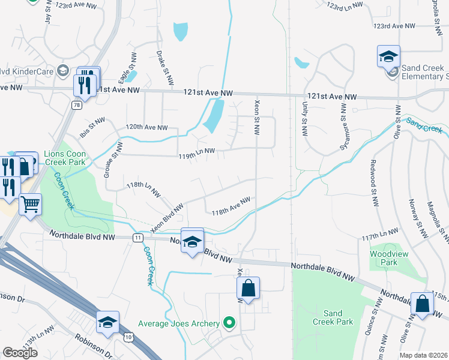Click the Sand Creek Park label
[x=337, y=317]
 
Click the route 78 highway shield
[x=76, y=105]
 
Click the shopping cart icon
[x=30, y=205]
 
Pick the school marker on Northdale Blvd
[x=192, y=241]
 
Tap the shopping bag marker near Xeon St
[x=248, y=289]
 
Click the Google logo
[x=20, y=352]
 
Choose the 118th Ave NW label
[x=231, y=205]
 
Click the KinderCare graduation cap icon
[x=62, y=71]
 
